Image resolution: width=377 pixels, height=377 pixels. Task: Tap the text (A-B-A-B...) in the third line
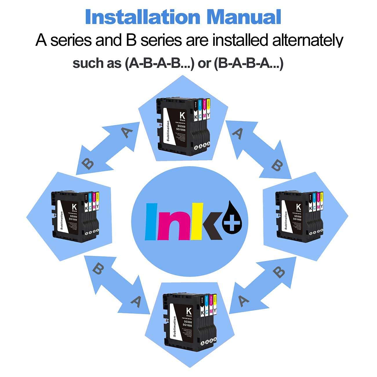[x=159, y=63]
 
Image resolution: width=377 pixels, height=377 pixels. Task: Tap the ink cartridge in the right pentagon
[x=300, y=213]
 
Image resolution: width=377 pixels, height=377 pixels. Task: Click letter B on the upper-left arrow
[x=88, y=164]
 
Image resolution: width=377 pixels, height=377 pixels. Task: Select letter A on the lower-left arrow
[x=136, y=302]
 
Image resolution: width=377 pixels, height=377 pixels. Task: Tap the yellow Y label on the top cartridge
[x=208, y=116]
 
